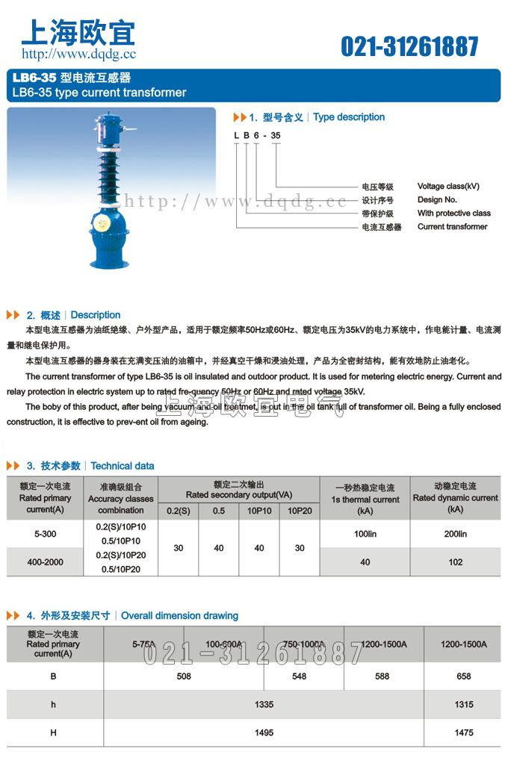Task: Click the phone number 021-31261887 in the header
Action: pos(409,46)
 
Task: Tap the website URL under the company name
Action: pos(78,54)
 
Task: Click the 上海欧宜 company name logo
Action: pos(78,32)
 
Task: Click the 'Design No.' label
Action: pos(437,199)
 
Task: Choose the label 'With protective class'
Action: pos(453,213)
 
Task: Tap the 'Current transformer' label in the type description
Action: pos(452,226)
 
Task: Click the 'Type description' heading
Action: pos(349,117)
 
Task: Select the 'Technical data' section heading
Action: pos(123,466)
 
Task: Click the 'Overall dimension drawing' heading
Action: pos(179,616)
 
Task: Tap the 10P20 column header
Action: pos(300,510)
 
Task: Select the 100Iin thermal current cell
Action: pos(365,535)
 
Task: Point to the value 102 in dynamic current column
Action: pos(456,562)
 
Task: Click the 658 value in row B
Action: pos(463,676)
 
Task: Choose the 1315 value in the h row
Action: pos(463,704)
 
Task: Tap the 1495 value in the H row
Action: pos(264,732)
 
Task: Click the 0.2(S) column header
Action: pos(179,510)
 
